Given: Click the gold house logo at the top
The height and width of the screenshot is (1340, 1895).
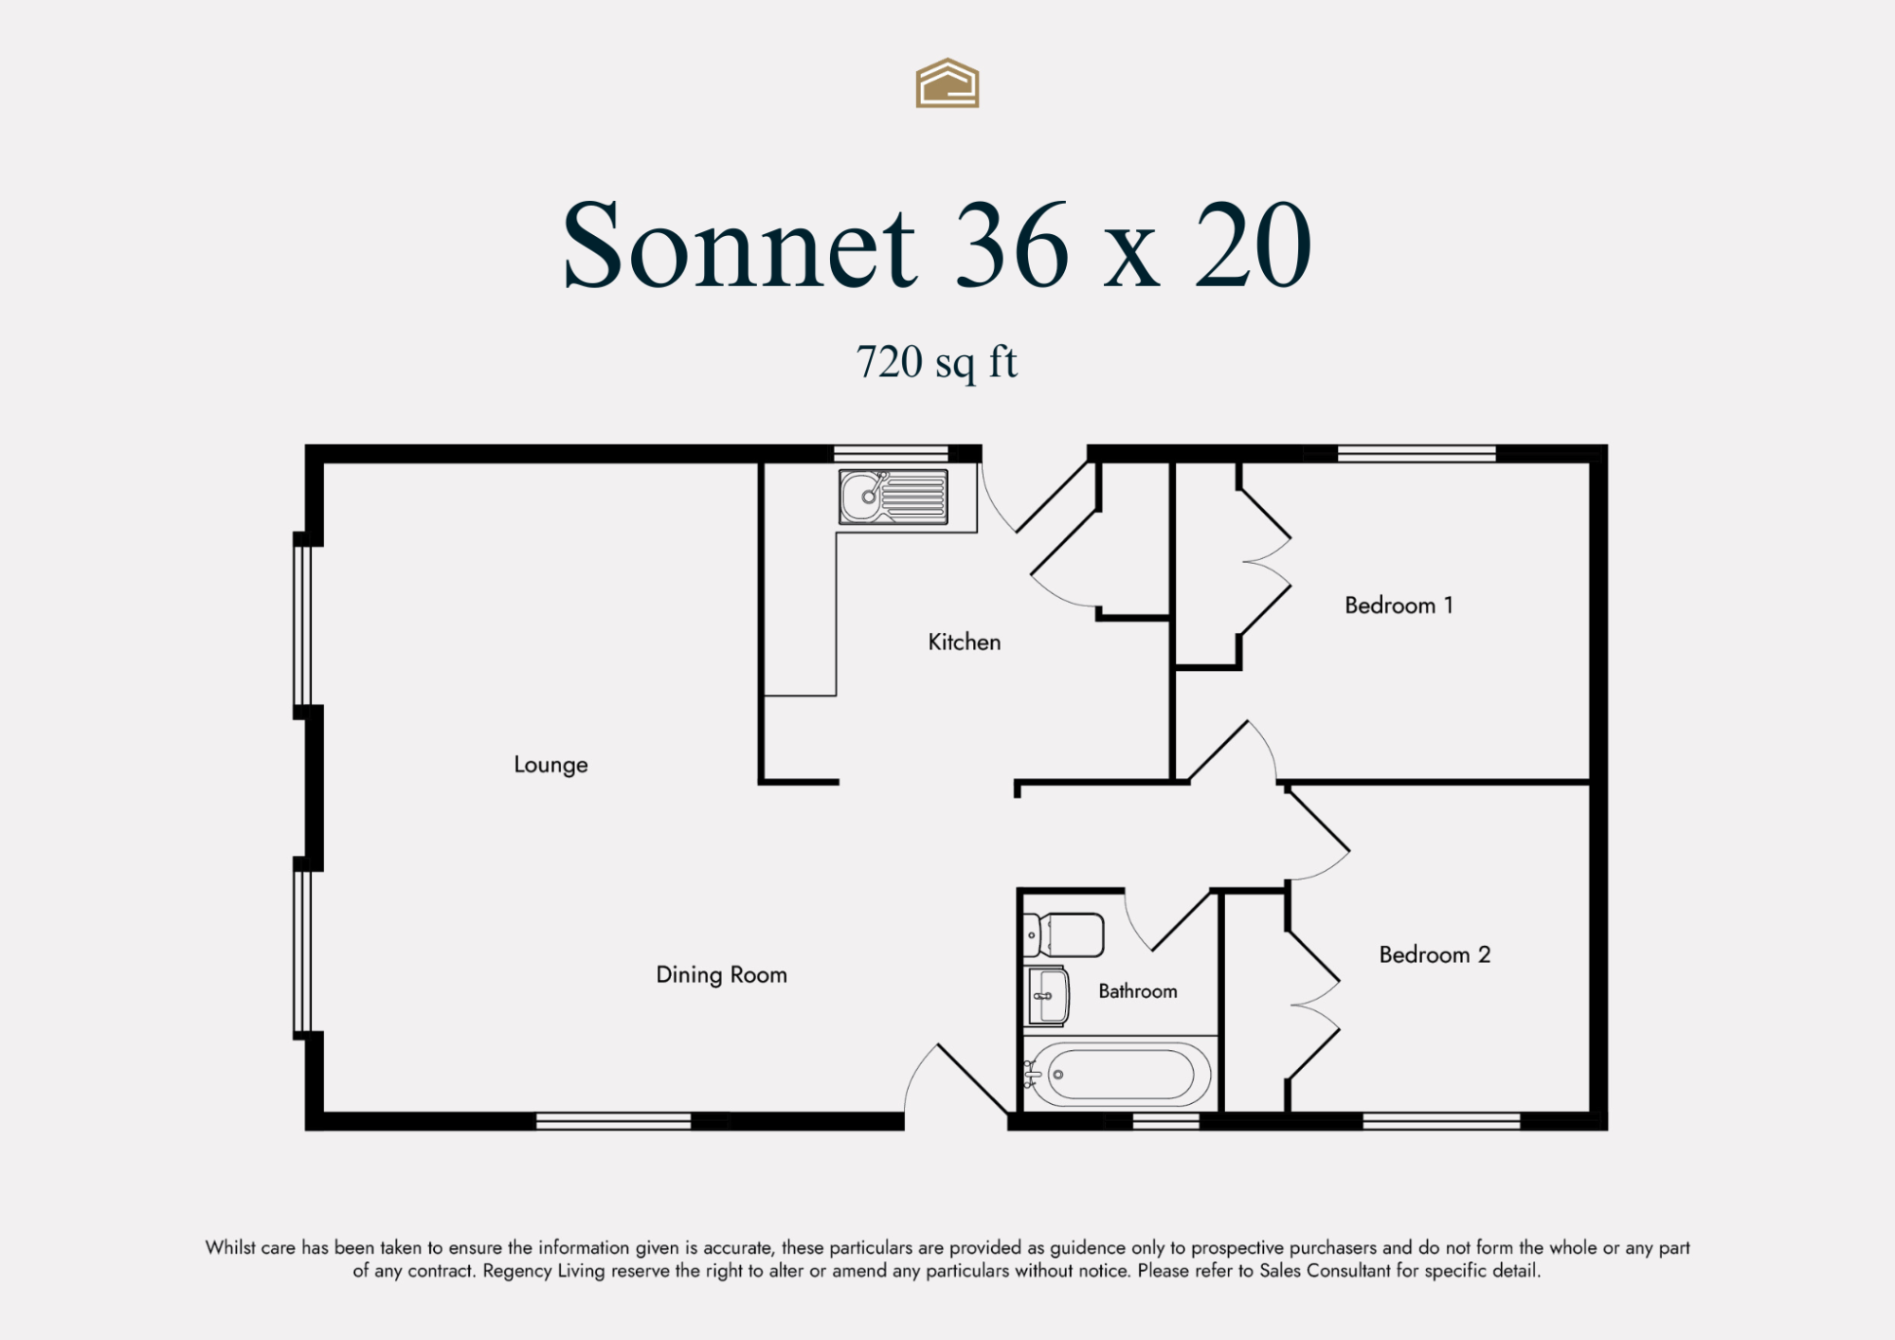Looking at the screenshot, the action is [947, 83].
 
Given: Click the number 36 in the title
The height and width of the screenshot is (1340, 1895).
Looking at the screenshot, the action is [1011, 245].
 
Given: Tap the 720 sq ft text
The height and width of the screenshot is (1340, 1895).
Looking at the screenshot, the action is [936, 362].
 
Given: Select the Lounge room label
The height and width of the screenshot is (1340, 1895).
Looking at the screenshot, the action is [550, 765].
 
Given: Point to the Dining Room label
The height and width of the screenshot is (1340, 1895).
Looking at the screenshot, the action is [721, 975].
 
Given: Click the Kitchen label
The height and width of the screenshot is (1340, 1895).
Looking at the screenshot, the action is [964, 642].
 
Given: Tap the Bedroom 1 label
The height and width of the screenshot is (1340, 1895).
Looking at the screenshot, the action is [1399, 605].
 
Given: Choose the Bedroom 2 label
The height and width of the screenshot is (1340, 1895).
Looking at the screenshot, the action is [1435, 954].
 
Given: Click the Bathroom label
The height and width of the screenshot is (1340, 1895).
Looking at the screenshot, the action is [1138, 991].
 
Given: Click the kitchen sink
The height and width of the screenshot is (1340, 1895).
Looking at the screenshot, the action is [893, 497].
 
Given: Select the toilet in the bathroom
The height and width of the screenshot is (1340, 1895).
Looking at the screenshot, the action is [1064, 935].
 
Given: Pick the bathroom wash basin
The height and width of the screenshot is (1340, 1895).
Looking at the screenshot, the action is [1047, 996].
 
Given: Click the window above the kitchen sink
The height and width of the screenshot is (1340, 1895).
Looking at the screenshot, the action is [891, 453].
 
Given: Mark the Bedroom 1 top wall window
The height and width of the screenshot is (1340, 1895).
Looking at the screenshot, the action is [1417, 453].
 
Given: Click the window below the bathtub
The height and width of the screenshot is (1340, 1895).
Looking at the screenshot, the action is [1166, 1121].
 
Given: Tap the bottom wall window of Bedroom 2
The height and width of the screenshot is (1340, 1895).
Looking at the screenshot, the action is [1441, 1121].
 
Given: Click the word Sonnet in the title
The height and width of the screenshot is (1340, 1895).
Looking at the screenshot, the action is [740, 245].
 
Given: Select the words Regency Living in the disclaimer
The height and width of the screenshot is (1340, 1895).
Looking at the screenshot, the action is [544, 1271].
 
